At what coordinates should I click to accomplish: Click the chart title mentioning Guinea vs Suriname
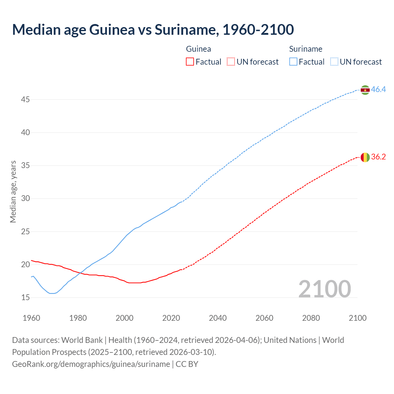point(153,30)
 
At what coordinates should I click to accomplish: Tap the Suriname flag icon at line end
point(365,90)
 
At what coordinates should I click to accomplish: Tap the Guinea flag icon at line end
point(365,157)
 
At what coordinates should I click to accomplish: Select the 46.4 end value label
point(378,90)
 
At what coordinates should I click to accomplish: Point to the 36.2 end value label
point(378,157)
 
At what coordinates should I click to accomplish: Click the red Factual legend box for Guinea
point(190,62)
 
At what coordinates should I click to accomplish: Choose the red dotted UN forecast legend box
point(231,62)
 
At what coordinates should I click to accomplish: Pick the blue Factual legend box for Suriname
point(293,62)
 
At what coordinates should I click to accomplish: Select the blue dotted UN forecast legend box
point(334,62)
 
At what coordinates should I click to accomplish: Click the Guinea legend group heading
point(199,49)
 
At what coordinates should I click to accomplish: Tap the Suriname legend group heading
point(306,49)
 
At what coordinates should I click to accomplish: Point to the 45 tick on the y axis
point(26,100)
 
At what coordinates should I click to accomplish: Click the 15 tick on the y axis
point(26,298)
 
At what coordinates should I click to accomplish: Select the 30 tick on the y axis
point(26,199)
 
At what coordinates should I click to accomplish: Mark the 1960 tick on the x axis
point(31,318)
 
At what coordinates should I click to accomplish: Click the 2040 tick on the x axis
point(218,318)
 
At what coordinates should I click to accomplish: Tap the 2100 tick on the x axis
point(357,318)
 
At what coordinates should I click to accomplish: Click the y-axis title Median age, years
point(13,191)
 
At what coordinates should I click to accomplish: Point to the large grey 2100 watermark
point(324,289)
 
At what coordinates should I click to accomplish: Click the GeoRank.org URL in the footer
point(91,364)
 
